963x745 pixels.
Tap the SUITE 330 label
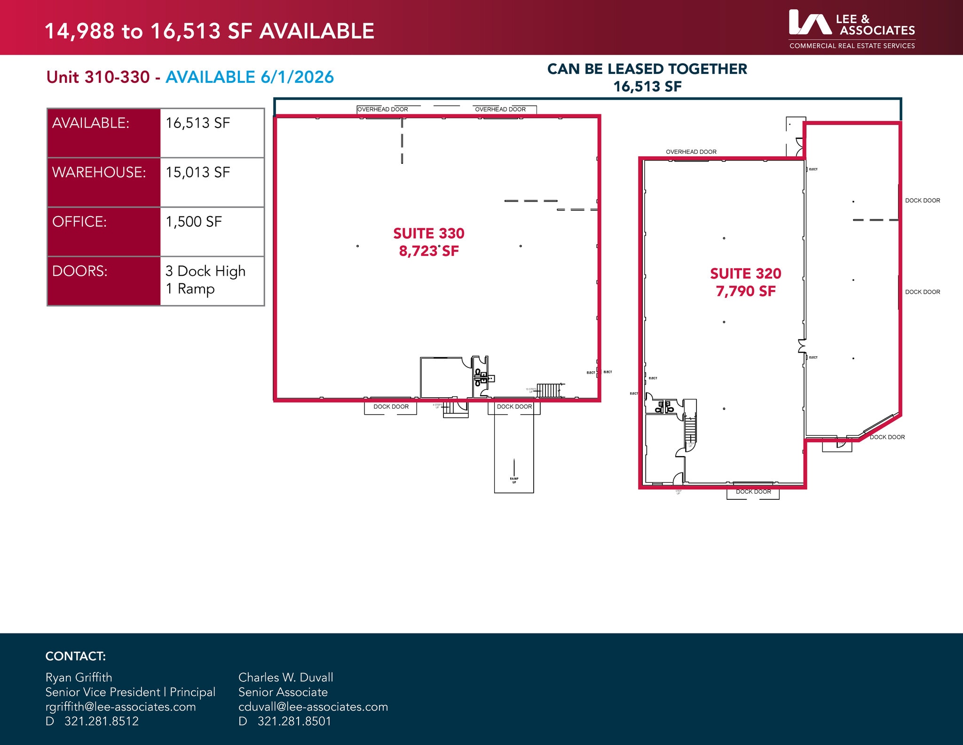(428, 233)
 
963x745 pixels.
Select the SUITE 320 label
(745, 273)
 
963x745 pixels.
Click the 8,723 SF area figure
(428, 251)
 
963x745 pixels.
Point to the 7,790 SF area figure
(745, 291)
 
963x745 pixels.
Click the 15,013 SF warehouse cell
(198, 172)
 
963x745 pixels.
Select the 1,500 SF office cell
(194, 222)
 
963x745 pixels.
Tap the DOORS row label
(80, 271)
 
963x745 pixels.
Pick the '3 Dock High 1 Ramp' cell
(205, 280)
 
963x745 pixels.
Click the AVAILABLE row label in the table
(90, 123)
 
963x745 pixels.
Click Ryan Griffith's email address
(120, 706)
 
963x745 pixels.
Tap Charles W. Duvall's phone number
(294, 721)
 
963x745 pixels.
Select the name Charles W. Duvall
(285, 677)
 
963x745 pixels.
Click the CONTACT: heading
(75, 656)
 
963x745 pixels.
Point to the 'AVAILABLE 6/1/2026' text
(250, 77)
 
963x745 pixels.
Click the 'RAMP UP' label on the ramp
(514, 480)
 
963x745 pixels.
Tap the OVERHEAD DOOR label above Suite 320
(691, 152)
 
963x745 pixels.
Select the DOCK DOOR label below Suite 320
(753, 492)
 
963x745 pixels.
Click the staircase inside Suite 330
(549, 390)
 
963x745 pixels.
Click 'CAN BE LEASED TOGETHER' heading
(647, 69)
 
